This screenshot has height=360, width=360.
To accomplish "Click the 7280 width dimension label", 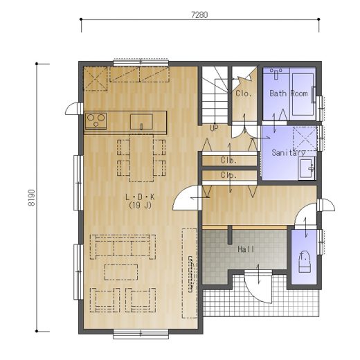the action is [199, 15].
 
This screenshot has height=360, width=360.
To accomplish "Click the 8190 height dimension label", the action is [31, 197].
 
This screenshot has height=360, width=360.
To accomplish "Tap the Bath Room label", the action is [289, 93].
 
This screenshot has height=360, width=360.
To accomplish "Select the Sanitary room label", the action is [289, 152].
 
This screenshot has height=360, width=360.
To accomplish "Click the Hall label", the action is [246, 249].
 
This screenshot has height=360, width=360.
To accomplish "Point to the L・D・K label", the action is [140, 197].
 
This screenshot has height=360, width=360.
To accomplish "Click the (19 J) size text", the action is [140, 205].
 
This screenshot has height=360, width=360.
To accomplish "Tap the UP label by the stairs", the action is [214, 128].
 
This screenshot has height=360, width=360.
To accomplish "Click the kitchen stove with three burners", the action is [96, 120].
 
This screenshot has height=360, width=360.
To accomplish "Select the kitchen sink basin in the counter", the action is [141, 122].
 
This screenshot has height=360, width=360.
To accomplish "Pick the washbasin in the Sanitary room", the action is [307, 168].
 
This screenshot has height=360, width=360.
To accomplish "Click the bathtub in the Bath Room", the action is [303, 94].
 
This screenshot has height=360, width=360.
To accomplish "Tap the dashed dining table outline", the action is [141, 158].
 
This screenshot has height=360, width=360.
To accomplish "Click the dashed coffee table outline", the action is [121, 272].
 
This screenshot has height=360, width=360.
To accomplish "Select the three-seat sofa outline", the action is [123, 246].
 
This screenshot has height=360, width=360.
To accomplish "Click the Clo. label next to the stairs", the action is [244, 93].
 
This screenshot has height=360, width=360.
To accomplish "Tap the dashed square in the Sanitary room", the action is [305, 138].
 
